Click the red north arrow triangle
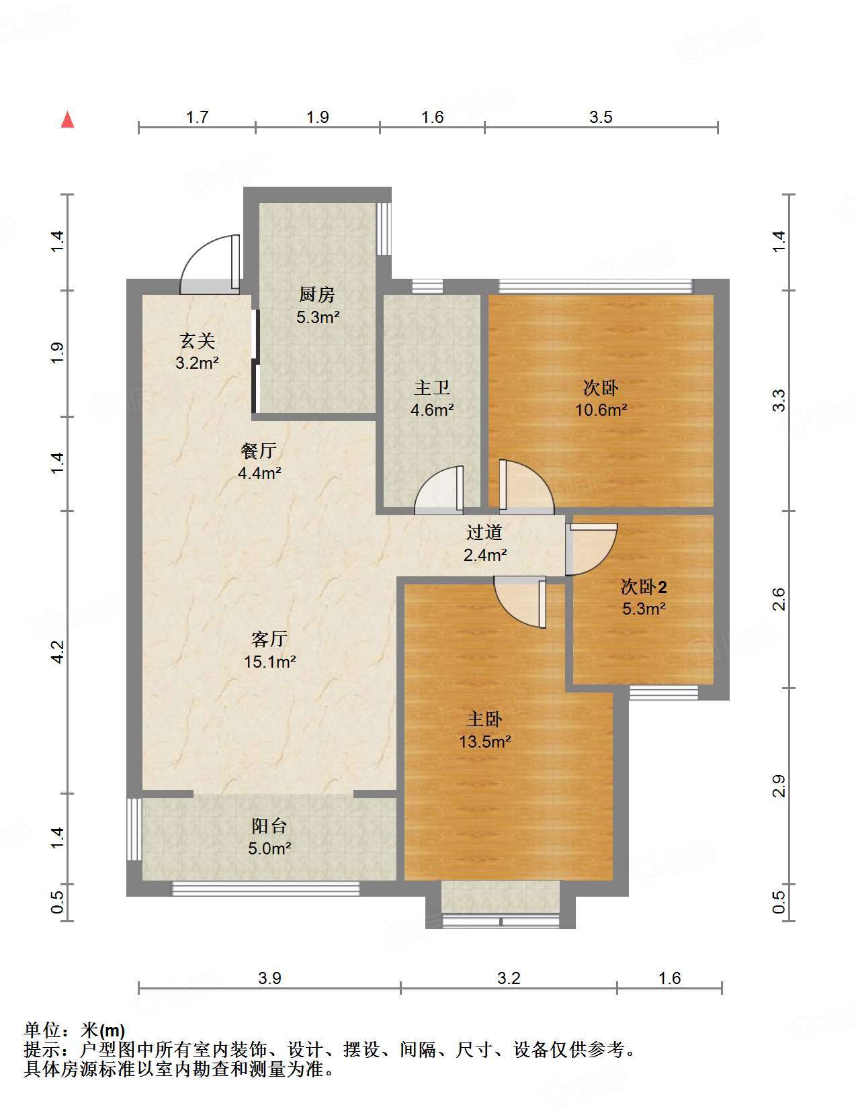click(67, 120)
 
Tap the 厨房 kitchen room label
click(316, 294)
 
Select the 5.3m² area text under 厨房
click(318, 317)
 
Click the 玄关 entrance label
click(197, 341)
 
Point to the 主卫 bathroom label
click(431, 388)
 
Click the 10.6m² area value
click(601, 410)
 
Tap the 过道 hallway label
click(484, 533)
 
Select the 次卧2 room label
click(644, 586)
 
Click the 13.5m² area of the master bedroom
click(484, 742)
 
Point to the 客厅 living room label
click(269, 639)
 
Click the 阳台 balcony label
click(269, 826)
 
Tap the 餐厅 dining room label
click(258, 451)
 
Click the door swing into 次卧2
click(606, 560)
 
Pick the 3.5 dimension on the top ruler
click(601, 118)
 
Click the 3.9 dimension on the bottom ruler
click(269, 979)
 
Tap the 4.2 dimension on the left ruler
click(57, 652)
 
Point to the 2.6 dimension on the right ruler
click(779, 599)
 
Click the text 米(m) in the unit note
click(103, 1030)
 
